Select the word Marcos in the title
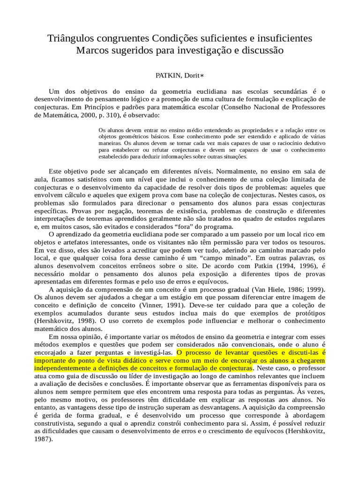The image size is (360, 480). pos(93,50)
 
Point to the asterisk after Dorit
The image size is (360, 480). pos(202,75)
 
